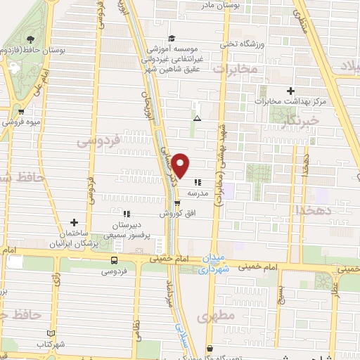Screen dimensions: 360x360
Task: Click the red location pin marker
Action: (x=181, y=166)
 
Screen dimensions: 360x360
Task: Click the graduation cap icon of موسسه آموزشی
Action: (x=172, y=39)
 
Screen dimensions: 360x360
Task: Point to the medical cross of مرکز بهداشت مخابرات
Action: (x=291, y=91)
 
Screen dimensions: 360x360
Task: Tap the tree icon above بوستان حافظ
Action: (x=30, y=39)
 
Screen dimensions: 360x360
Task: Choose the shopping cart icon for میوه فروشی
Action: (x=22, y=111)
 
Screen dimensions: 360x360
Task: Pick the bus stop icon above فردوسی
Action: (x=115, y=259)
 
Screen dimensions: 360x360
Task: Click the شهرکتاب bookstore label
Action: (x=51, y=345)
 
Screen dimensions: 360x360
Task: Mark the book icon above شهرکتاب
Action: (x=49, y=333)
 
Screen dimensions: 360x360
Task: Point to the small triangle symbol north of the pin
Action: (x=198, y=117)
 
